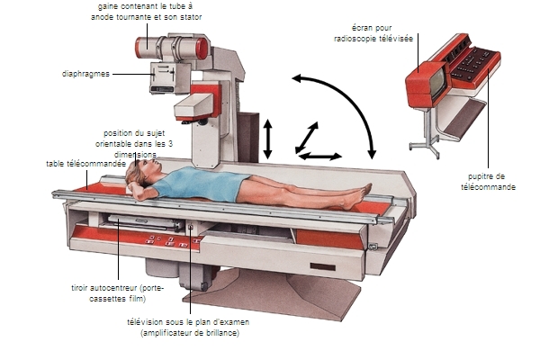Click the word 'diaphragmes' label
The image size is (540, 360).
point(85,74)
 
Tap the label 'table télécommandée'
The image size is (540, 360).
point(86,164)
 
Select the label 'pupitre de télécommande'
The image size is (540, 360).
point(488,182)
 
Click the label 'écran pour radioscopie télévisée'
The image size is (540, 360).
point(373,33)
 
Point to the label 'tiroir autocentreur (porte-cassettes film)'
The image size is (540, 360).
point(117,293)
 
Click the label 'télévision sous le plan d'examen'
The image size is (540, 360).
point(188,322)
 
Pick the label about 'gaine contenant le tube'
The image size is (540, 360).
point(146,12)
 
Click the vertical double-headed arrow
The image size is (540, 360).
point(267,139)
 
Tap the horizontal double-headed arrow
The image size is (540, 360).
point(320,157)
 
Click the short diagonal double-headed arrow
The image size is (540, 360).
point(307,138)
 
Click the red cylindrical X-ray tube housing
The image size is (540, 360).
point(172,49)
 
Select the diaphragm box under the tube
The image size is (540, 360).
point(163,77)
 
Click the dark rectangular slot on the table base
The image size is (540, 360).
point(323,267)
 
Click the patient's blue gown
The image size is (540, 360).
point(202,183)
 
